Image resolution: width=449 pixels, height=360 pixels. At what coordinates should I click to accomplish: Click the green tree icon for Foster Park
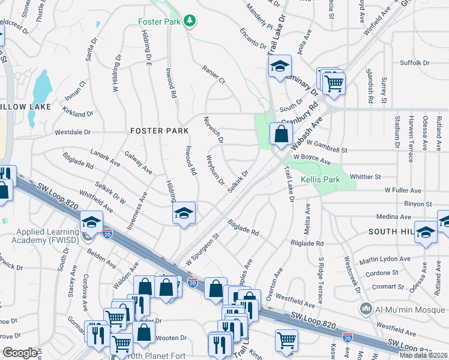click(x=190, y=22)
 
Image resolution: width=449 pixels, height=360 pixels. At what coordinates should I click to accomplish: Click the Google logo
click(x=20, y=353)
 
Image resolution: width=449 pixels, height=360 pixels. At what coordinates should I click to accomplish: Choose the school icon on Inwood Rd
click(x=184, y=214)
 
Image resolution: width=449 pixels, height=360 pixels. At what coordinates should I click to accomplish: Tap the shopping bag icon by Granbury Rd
click(x=281, y=134)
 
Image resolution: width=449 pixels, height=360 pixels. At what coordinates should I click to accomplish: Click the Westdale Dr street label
click(x=73, y=131)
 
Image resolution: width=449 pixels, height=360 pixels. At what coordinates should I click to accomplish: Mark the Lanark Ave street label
click(x=106, y=157)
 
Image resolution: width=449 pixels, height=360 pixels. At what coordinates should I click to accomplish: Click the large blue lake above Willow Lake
click(x=41, y=87)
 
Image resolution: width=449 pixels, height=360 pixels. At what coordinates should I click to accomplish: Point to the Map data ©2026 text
click(x=424, y=355)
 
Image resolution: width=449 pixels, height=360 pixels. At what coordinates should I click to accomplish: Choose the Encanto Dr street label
click(x=252, y=37)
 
